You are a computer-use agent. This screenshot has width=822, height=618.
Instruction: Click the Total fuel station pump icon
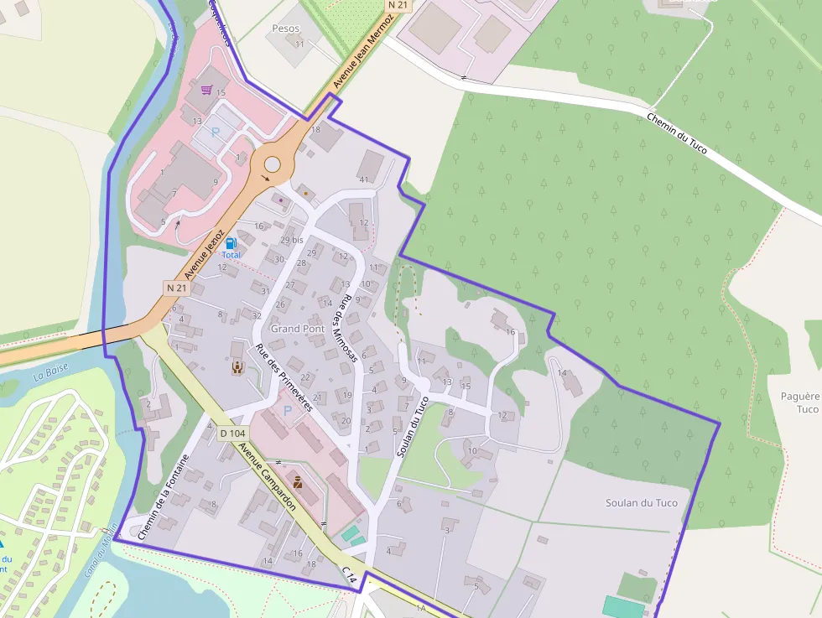click(231, 242)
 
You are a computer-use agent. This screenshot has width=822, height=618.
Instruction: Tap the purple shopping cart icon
click(205, 90)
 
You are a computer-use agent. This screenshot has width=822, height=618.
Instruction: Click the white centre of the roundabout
click(272, 164)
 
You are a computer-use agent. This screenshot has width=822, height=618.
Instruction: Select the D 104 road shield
click(232, 434)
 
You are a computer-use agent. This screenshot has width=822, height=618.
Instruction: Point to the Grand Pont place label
click(298, 329)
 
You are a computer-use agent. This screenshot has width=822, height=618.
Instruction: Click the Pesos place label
click(285, 29)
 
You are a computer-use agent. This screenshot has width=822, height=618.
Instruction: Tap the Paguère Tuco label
click(799, 402)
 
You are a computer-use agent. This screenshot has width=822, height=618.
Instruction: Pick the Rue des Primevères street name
click(284, 377)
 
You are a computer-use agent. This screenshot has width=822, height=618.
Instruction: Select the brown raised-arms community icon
click(237, 366)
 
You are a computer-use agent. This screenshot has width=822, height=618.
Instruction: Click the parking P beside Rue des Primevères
click(289, 411)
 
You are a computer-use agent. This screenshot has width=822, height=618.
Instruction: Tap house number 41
click(363, 179)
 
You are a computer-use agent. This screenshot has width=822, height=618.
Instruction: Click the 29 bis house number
click(292, 240)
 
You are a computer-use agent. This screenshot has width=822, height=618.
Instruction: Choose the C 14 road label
click(350, 575)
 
